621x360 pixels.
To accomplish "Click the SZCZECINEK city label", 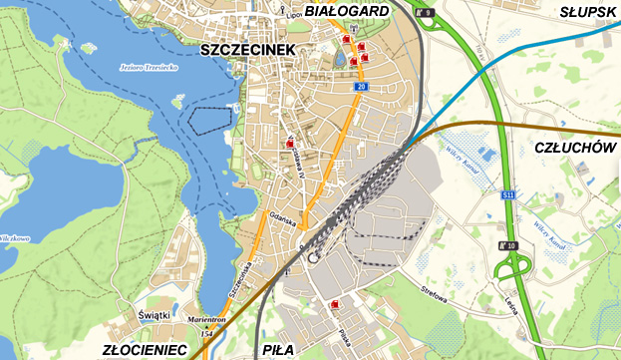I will click(x=244, y=49).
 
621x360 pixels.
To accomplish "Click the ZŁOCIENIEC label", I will click(x=145, y=350).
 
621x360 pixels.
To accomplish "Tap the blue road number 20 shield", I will click(x=361, y=88).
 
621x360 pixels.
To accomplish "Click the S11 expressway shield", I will click(x=508, y=195).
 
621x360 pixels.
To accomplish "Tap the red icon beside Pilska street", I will click(x=334, y=304).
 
